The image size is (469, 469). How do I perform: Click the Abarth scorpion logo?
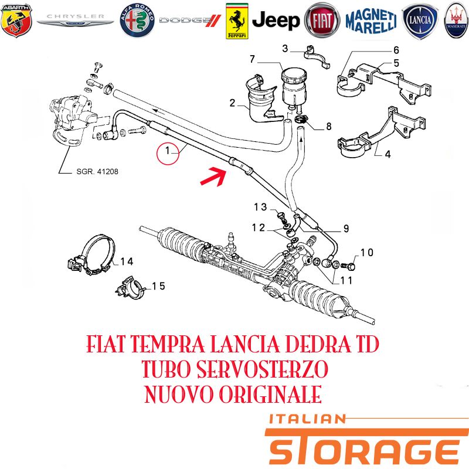[16, 21]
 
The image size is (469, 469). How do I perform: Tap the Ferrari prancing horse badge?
[237, 21]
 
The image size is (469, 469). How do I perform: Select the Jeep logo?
[276, 21]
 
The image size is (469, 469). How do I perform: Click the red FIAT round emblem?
[322, 21]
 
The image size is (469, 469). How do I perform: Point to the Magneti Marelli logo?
[371, 21]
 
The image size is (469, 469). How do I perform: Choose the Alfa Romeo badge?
[137, 21]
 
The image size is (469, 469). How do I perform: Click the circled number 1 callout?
[168, 154]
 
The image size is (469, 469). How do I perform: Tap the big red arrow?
[213, 176]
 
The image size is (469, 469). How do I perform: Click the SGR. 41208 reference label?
[97, 172]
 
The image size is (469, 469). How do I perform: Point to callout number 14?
[127, 261]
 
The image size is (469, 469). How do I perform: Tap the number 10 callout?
[367, 253]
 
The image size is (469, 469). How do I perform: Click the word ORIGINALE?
[270, 394]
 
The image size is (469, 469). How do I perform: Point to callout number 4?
[388, 155]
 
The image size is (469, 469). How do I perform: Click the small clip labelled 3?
[317, 56]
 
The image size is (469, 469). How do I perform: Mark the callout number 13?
[260, 207]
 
